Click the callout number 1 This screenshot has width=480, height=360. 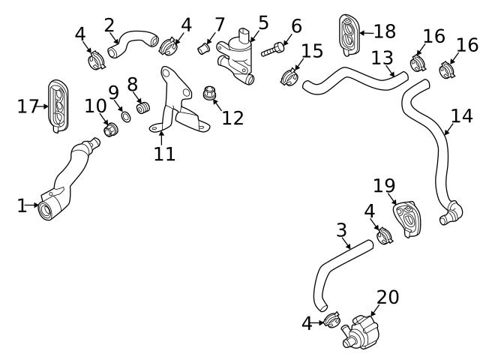(x=22, y=205)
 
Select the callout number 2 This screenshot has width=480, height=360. (x=109, y=25)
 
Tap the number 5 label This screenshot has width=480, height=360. (x=262, y=22)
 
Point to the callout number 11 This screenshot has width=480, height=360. (x=164, y=154)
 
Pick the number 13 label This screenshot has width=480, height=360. (x=382, y=57)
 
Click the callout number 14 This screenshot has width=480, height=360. (x=462, y=115)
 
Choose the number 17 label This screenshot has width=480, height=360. (x=28, y=106)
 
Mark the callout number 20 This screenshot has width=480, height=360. (x=388, y=298)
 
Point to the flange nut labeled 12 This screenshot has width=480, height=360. (x=211, y=94)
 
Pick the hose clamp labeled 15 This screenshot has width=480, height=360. (x=290, y=76)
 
